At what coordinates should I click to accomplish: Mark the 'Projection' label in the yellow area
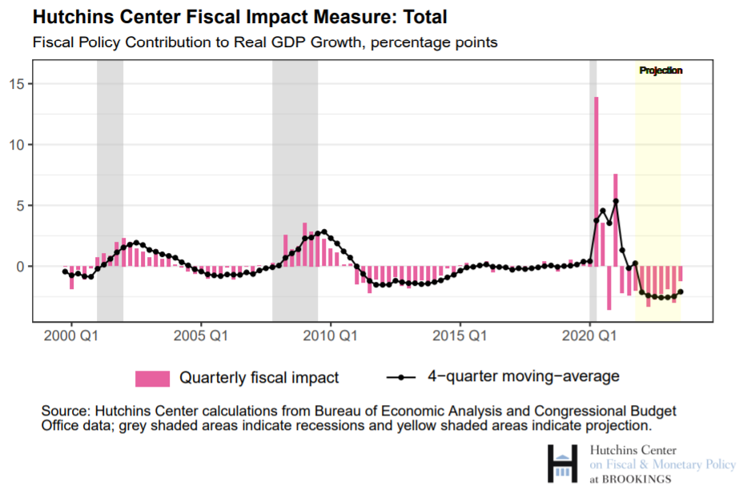pos(661,70)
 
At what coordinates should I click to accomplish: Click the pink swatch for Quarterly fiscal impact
pos(152,377)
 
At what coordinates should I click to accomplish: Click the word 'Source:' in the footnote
pos(64,411)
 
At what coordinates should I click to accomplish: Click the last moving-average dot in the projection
pos(681,292)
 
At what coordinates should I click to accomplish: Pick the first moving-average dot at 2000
pos(65,271)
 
